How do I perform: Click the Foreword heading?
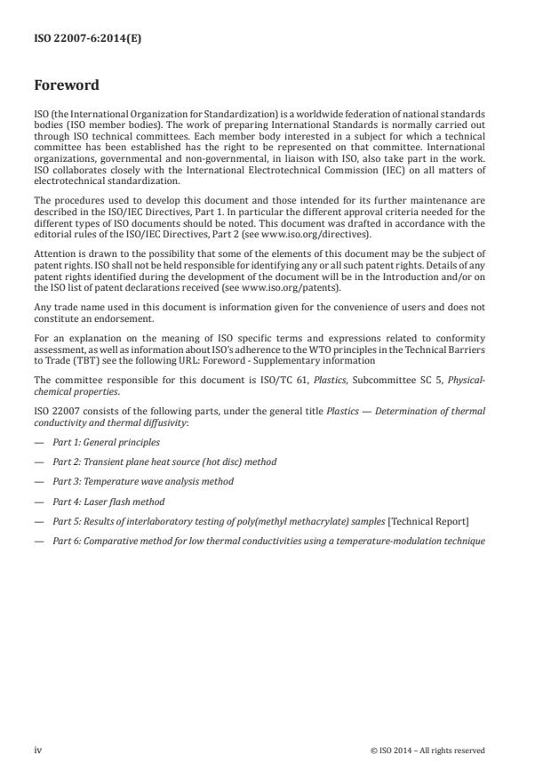click(x=67, y=86)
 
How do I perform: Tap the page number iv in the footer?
click(x=37, y=750)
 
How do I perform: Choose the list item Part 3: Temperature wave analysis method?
click(x=143, y=481)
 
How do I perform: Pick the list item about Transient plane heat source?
click(x=164, y=461)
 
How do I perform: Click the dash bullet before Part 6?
click(x=38, y=541)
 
